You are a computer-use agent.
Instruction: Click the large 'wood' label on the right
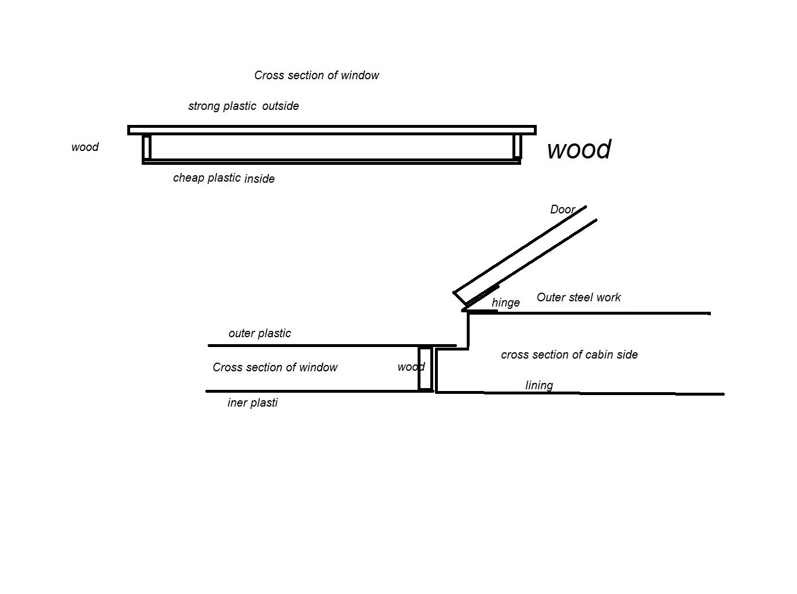click(578, 149)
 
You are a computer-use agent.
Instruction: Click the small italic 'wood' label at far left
click(85, 147)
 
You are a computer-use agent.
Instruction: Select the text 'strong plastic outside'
click(243, 106)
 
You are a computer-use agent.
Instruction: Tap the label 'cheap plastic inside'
click(224, 178)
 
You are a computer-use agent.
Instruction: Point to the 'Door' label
click(562, 209)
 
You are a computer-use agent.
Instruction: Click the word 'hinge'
click(505, 302)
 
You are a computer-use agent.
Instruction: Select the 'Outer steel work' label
click(578, 297)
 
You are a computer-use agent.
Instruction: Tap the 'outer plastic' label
click(260, 333)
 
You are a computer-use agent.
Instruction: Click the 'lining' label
click(539, 385)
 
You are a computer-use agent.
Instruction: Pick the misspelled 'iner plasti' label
click(252, 403)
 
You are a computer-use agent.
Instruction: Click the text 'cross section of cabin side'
click(569, 355)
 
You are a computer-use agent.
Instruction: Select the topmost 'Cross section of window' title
click(316, 75)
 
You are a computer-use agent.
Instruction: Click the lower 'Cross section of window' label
click(275, 367)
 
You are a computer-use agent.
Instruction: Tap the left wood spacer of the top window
click(147, 147)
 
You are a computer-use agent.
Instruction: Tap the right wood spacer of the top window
click(517, 146)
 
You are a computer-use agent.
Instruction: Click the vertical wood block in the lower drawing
click(426, 368)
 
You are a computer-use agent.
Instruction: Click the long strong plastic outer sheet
click(331, 130)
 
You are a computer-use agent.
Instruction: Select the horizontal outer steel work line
click(602, 313)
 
